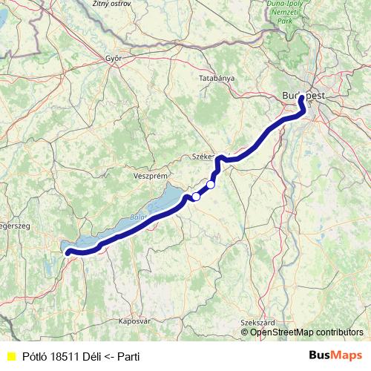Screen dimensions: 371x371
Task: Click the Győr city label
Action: (x=114, y=58)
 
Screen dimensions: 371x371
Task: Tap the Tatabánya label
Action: (x=217, y=78)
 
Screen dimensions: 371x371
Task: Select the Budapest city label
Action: (x=303, y=96)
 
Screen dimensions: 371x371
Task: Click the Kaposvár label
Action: (x=134, y=321)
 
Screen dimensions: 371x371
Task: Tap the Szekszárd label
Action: (x=257, y=323)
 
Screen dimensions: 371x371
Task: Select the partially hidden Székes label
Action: (x=203, y=157)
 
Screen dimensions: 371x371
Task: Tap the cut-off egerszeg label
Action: (x=14, y=226)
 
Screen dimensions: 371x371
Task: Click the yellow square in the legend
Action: (x=11, y=357)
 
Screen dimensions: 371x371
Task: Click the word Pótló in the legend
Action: (x=36, y=357)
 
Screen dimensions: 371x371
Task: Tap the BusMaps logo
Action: (x=335, y=356)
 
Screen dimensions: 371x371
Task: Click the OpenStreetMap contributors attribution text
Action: (x=306, y=332)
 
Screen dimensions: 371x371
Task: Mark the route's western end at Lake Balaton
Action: (x=68, y=252)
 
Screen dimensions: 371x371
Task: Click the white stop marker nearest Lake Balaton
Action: (x=196, y=197)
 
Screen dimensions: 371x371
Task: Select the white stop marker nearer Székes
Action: (x=211, y=185)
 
